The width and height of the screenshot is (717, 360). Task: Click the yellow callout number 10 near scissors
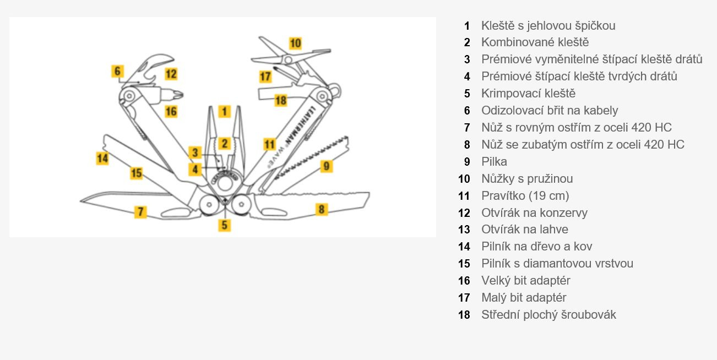click(x=296, y=43)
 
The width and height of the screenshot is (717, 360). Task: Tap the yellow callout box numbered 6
click(x=117, y=71)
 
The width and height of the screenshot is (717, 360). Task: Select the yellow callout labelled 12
click(x=171, y=74)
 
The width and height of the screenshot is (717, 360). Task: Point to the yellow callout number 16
click(x=171, y=111)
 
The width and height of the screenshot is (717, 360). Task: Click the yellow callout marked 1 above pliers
click(x=224, y=111)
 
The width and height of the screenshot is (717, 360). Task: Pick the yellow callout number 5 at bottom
click(x=224, y=225)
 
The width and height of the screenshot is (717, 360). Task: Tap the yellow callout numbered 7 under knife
click(x=141, y=211)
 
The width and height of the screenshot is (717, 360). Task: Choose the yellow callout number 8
click(x=322, y=209)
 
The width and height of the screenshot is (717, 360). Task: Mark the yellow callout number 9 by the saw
click(x=327, y=165)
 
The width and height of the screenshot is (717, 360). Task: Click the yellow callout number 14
click(x=102, y=159)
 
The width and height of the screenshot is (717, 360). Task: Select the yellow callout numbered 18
click(x=281, y=100)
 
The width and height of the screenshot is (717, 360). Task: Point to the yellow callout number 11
click(x=269, y=145)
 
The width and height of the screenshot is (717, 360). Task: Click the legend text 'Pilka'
click(x=494, y=162)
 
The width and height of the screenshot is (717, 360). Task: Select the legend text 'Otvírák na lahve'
click(x=524, y=230)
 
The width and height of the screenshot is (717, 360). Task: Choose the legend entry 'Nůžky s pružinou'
click(x=526, y=179)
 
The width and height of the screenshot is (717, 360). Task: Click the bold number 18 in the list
click(x=464, y=315)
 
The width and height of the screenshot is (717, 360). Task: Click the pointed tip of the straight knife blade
click(x=82, y=199)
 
